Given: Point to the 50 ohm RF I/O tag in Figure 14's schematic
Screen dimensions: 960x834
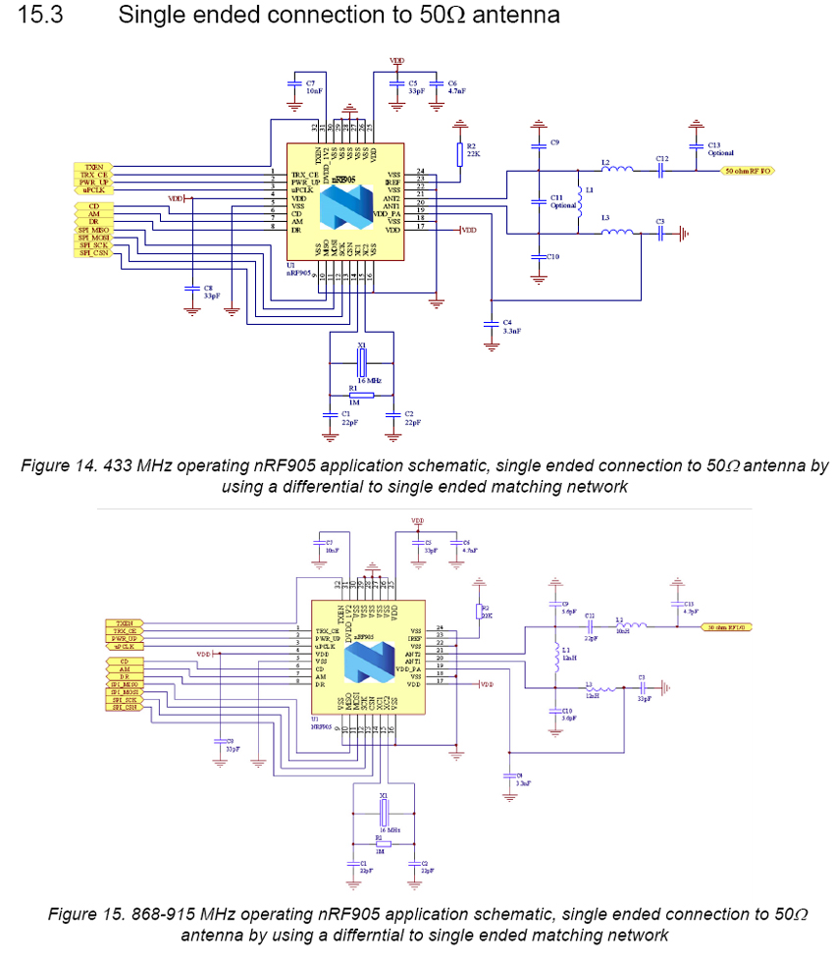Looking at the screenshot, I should click(x=747, y=170).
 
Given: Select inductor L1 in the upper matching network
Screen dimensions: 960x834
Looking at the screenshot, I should click(x=578, y=201).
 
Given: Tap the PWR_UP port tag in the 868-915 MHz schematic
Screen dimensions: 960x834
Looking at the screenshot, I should click(x=124, y=638).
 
